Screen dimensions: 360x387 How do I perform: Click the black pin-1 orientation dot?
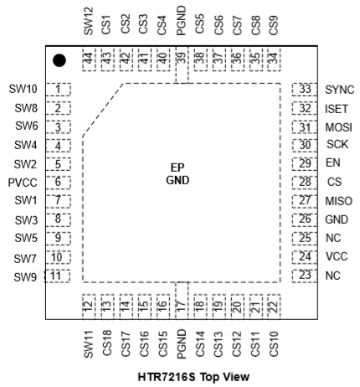point(59,60)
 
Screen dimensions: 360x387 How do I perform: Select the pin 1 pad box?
point(58,90)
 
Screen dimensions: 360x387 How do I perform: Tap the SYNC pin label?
point(340,90)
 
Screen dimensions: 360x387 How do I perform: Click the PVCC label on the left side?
point(23,183)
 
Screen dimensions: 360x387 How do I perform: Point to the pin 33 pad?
point(305,90)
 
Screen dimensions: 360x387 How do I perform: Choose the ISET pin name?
point(337,109)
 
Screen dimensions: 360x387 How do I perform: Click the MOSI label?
point(339,127)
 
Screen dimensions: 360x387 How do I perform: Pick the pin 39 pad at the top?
point(182,64)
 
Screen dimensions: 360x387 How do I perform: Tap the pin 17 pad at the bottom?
point(182,300)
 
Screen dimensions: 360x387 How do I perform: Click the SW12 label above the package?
point(89,21)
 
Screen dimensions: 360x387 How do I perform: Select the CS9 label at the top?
point(274,25)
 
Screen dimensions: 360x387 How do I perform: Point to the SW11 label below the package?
point(89,344)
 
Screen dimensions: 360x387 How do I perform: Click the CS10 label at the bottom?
point(274,343)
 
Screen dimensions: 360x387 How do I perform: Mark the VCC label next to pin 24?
point(337,256)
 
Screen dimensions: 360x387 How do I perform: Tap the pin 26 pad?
point(305,219)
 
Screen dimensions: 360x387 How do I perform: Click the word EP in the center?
point(177,168)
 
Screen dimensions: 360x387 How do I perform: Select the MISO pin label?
point(339,201)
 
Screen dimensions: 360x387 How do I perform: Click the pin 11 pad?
point(57,276)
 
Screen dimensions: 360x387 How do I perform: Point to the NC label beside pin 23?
point(333,276)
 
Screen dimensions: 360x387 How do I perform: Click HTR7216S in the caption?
point(167,377)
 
